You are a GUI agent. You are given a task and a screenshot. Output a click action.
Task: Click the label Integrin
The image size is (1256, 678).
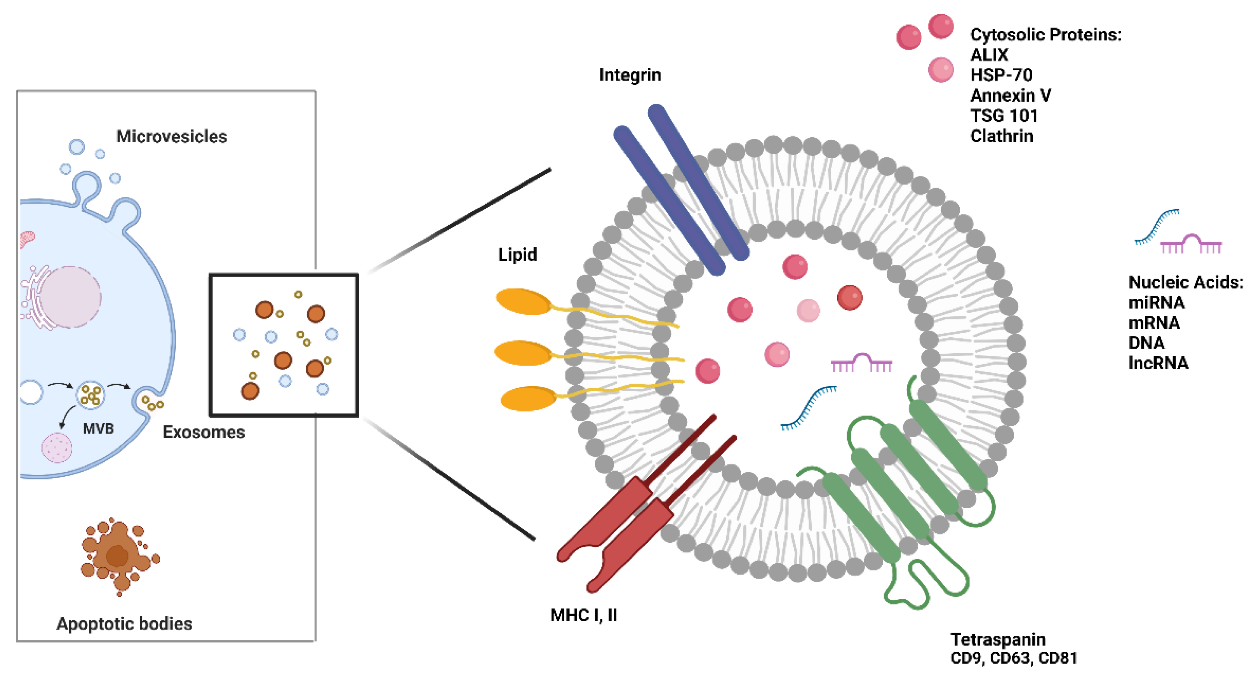coord(630,75)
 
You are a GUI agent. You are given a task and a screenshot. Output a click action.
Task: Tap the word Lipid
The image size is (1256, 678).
coord(517,254)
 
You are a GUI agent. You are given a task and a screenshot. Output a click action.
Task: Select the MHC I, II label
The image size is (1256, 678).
coord(583,615)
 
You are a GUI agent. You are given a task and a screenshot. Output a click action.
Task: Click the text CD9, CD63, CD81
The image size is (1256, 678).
coord(1013,658)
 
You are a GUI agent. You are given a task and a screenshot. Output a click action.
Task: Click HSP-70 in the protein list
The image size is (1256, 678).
coord(1001,75)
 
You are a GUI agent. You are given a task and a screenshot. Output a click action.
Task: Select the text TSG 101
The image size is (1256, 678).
coord(1004,116)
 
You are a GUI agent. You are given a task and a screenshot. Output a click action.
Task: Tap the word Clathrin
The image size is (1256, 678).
coord(1002,136)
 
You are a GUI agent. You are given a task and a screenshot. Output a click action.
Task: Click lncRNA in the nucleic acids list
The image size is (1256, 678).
coord(1158,363)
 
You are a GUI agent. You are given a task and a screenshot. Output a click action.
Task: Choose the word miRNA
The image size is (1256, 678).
coord(1156,302)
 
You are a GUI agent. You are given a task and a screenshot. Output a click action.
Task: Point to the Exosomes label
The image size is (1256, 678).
coord(204,432)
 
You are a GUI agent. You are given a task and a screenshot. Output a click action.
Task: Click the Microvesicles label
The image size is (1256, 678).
coord(171,137)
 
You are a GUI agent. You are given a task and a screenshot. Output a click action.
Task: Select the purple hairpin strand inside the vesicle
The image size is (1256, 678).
coord(861,363)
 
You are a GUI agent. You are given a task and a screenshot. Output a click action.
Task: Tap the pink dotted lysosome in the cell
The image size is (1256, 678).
coord(57,447)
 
